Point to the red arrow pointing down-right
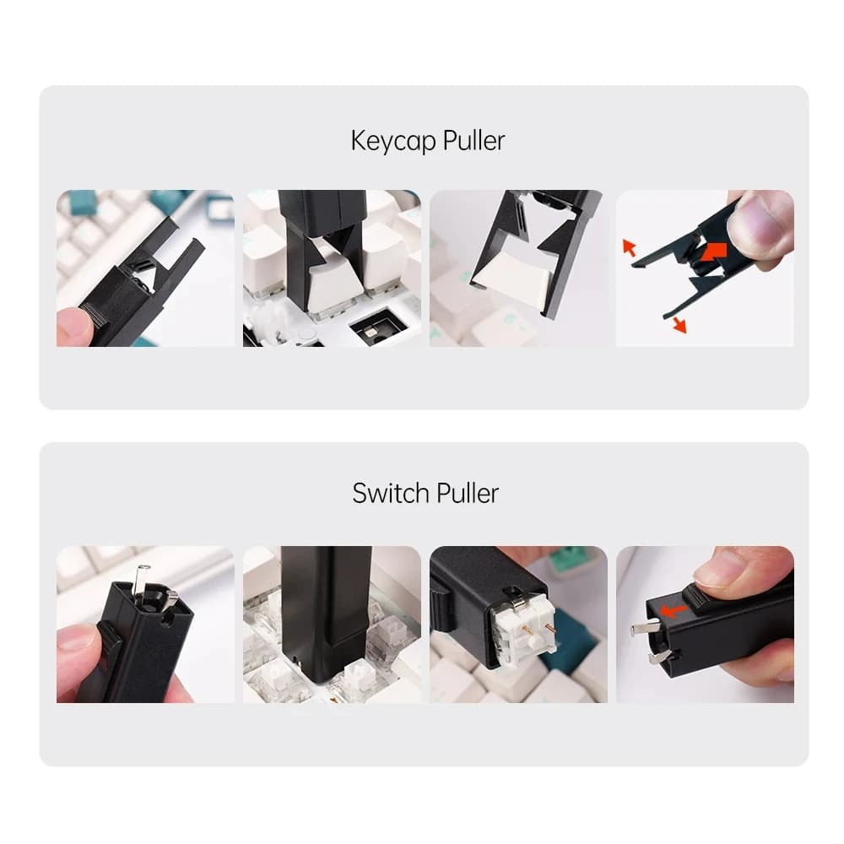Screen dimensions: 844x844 (678, 324)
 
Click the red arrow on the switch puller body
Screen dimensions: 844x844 (673, 610)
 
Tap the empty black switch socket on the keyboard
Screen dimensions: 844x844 (376, 327)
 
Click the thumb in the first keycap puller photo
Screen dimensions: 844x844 (74, 325)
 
